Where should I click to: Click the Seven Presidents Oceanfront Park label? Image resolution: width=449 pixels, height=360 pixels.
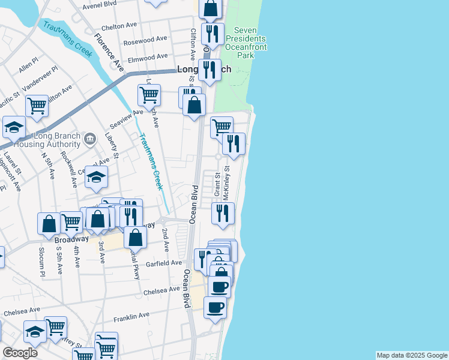(245, 43)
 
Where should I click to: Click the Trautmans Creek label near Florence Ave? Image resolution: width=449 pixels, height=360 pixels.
(67, 39)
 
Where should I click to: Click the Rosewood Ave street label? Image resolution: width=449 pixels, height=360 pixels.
(145, 41)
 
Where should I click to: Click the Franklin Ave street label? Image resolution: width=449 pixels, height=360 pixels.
(131, 316)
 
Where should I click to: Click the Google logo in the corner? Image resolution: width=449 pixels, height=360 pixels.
(20, 353)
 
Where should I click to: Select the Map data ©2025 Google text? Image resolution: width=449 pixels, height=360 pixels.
(412, 355)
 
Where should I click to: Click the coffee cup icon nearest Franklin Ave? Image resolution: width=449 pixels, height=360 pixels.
(215, 307)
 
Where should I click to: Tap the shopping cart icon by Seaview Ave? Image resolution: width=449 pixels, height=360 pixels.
(149, 94)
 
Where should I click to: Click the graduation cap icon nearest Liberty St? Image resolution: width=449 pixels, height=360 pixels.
(95, 176)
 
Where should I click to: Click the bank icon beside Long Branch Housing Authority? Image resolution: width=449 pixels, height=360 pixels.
(90, 140)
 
